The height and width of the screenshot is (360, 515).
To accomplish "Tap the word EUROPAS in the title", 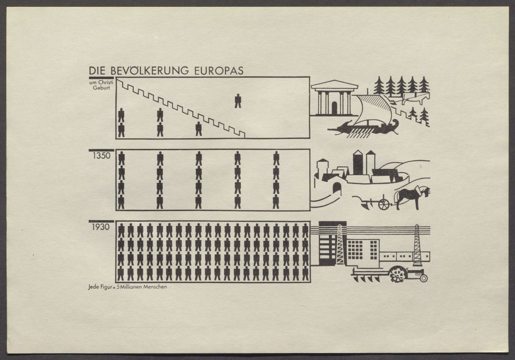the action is coord(219,71).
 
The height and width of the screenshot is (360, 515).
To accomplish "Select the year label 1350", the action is coord(101,156).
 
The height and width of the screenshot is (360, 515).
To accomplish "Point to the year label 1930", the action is coord(101,227).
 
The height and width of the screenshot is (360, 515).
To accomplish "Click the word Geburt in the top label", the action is coord(101,88).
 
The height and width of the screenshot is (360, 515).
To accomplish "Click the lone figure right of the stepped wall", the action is coord(238,101).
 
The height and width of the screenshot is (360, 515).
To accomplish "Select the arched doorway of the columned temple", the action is coord(334,108).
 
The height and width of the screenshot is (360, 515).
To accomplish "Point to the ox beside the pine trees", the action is coord(416,98).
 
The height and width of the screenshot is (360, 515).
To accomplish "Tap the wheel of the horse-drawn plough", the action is coord(384,205).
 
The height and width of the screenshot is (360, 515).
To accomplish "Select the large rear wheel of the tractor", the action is coord(398,274).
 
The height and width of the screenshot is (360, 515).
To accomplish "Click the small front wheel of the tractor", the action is coord(424,278).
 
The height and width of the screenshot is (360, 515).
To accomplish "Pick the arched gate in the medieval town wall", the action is coord(337,189).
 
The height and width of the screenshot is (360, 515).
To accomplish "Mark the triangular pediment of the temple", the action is coord(334,84).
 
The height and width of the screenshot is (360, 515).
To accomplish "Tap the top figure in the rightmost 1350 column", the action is coord(276,158).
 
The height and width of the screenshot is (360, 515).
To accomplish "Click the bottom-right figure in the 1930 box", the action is coord(305,273).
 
